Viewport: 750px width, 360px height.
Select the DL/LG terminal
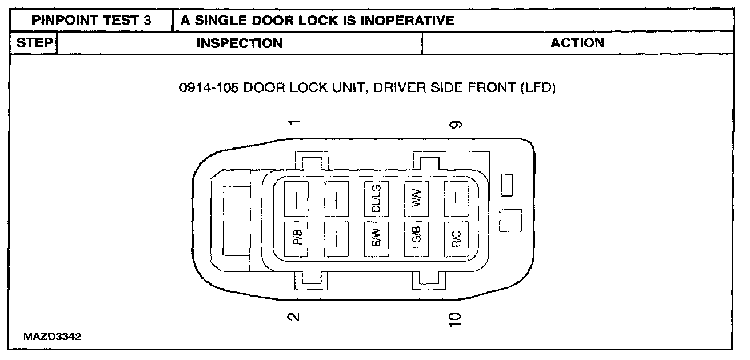[376, 198]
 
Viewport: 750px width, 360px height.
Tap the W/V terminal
[416, 198]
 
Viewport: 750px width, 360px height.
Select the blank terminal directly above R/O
[456, 198]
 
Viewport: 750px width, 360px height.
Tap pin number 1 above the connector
[294, 123]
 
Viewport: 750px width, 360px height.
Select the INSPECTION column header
[240, 43]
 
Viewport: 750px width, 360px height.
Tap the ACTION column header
[577, 43]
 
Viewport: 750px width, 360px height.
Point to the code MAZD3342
[53, 336]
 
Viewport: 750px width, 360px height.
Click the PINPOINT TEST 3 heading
[92, 21]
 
